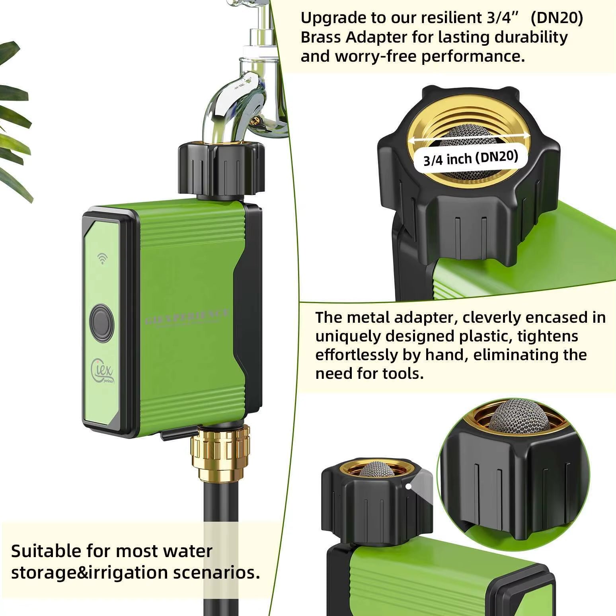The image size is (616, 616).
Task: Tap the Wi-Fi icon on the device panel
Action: tap(102, 259)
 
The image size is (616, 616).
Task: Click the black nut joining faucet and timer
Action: tap(221, 169)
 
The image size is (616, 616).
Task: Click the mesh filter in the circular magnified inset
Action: tap(518, 418)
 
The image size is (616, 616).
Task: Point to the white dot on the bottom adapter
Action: tap(408, 486)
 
